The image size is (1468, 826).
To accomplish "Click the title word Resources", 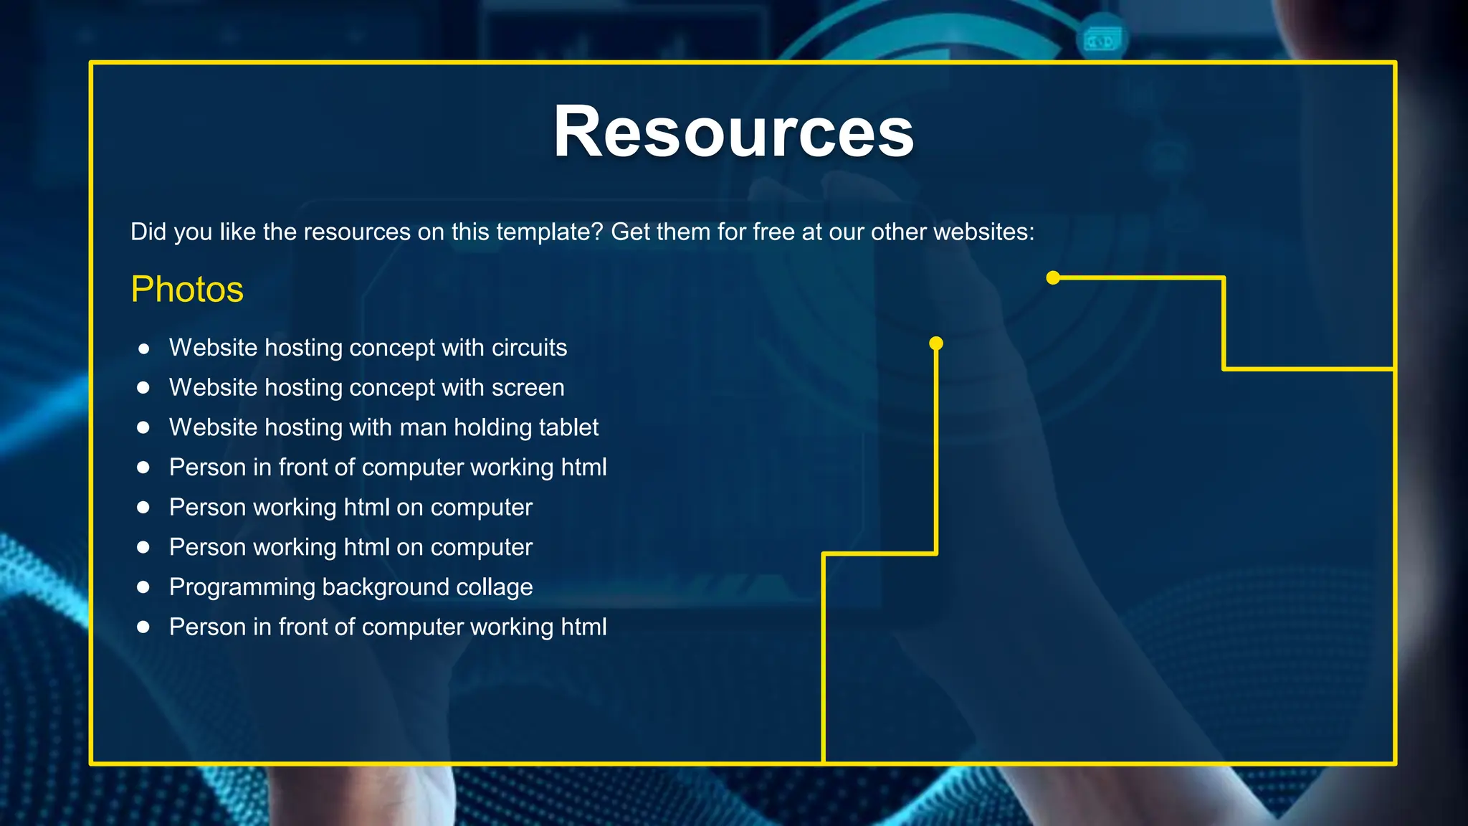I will pyautogui.click(x=733, y=132).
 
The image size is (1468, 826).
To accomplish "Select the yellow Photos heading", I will pyautogui.click(x=187, y=290).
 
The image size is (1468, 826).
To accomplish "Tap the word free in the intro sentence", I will pyautogui.click(x=773, y=232).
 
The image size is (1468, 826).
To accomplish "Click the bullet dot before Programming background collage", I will pyautogui.click(x=143, y=587).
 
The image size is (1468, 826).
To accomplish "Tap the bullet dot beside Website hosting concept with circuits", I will pyautogui.click(x=143, y=348).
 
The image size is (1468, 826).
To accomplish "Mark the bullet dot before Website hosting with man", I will pyautogui.click(x=143, y=427).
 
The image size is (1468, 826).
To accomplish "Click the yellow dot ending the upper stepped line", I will pyautogui.click(x=1053, y=277).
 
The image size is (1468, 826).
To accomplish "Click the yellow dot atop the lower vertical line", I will pyautogui.click(x=936, y=343).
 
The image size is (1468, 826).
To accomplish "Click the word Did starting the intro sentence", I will pyautogui.click(x=148, y=232).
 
